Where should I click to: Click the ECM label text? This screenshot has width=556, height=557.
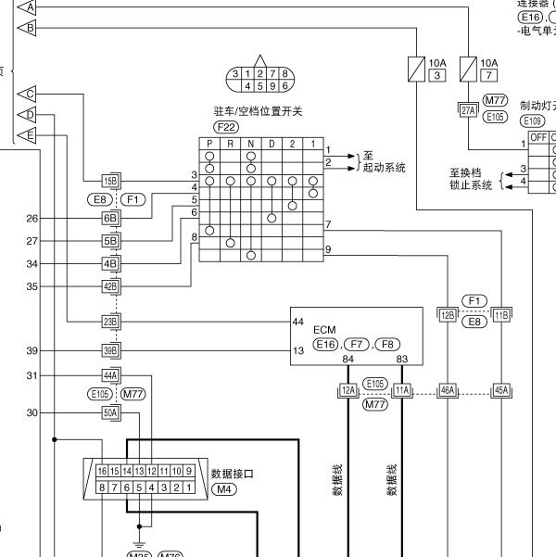point(324,329)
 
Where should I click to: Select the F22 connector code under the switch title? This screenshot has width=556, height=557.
point(225,126)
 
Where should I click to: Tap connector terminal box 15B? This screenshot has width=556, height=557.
point(110,180)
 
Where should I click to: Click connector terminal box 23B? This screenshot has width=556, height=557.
point(110,322)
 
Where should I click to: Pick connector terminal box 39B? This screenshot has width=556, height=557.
point(110,350)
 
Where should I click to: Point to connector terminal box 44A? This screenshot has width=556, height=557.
point(110,375)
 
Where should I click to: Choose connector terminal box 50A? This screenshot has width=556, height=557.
point(110,412)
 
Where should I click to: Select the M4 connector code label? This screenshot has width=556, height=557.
point(223,488)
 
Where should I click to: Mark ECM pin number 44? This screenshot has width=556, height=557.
point(297,322)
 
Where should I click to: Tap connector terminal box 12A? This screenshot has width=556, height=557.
point(347,391)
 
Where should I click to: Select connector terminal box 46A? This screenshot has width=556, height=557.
point(447,391)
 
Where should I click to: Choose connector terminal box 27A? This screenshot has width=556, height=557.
point(468,109)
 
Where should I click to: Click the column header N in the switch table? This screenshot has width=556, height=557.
point(250,145)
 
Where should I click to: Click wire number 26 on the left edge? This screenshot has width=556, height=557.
point(32,219)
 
